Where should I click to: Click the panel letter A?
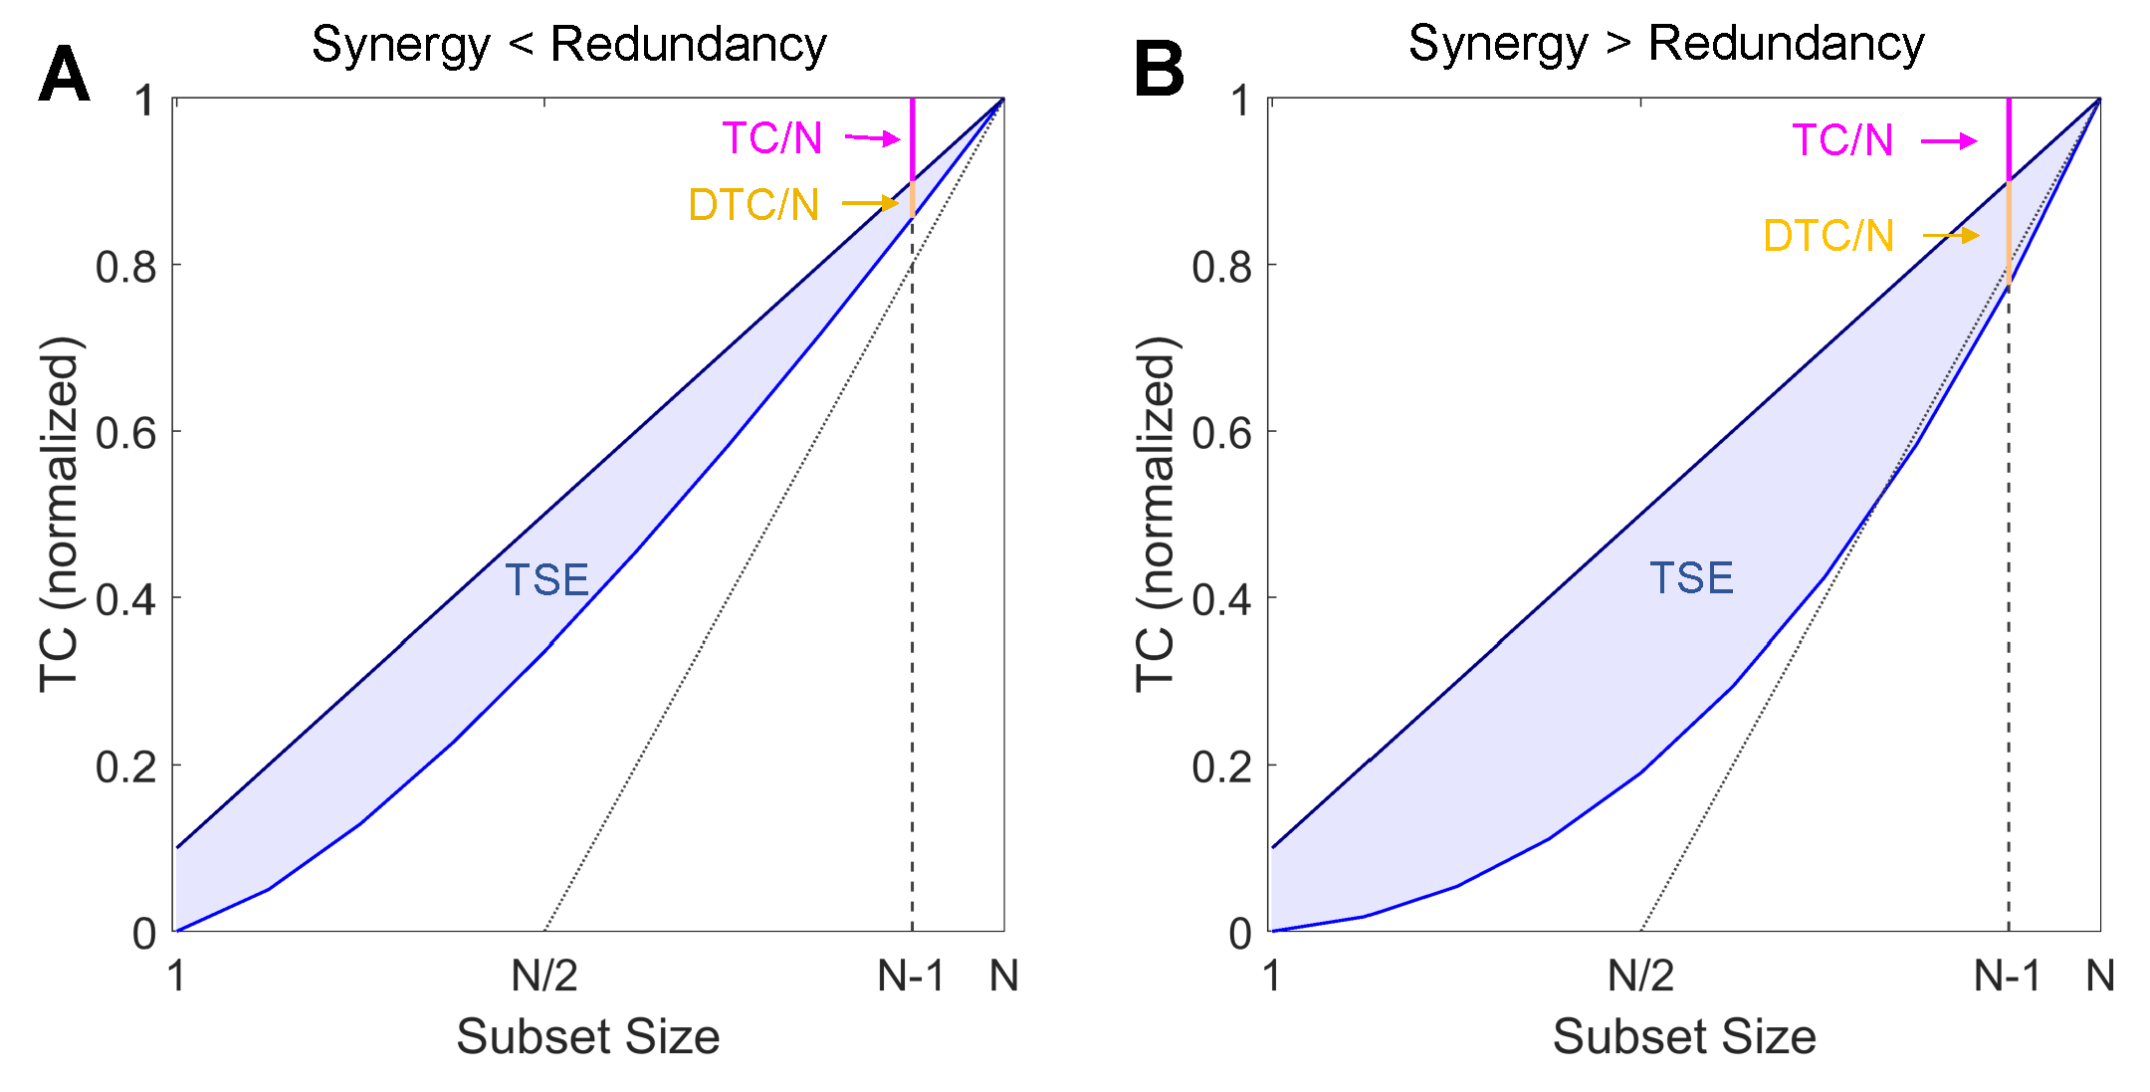(65, 74)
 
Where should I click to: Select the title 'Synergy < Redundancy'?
(568, 45)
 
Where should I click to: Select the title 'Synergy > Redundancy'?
(1666, 44)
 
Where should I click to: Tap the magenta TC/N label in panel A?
(772, 138)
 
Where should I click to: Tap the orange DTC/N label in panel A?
(753, 205)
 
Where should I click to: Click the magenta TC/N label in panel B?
(1842, 140)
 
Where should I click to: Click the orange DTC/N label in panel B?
(1828, 236)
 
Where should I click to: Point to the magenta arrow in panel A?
(873, 138)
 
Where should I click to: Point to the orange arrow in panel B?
(1951, 236)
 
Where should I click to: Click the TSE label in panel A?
(547, 580)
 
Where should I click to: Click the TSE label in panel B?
(1692, 578)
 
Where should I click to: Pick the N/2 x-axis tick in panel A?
(544, 977)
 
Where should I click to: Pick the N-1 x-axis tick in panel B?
(2007, 977)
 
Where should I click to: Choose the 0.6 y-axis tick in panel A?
(126, 434)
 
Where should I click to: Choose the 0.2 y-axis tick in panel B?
(1222, 767)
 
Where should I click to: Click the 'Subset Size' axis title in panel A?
(588, 1037)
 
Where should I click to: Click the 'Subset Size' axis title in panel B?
(1684, 1037)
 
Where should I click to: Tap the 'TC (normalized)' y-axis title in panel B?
(1156, 514)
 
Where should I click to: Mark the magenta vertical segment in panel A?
(913, 139)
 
